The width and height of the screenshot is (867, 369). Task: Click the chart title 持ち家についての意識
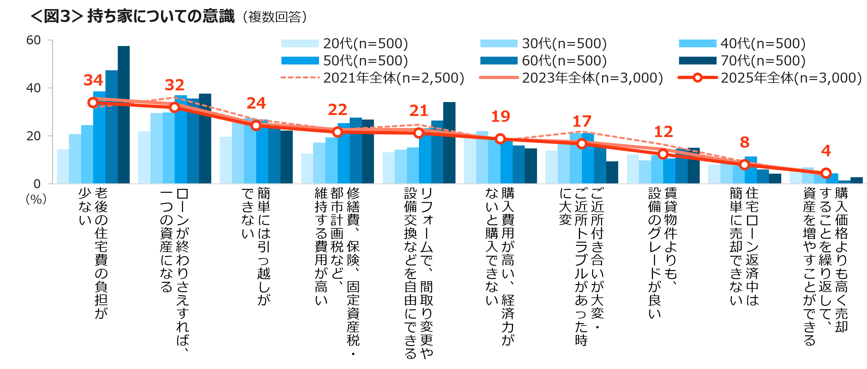[x=161, y=16]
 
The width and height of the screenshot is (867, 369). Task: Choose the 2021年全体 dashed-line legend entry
[x=372, y=78]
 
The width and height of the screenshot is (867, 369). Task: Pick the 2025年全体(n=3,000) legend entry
[x=769, y=78]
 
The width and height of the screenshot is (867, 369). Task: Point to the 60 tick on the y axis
[x=33, y=40]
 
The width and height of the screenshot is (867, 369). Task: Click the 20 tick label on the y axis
[x=33, y=136]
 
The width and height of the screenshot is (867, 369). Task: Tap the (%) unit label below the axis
[x=36, y=199]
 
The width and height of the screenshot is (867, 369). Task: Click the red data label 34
[x=93, y=80]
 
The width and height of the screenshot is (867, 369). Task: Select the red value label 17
[x=582, y=121]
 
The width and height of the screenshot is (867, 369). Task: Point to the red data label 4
[x=826, y=151]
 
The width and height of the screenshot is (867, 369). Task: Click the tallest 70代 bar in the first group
[x=124, y=115]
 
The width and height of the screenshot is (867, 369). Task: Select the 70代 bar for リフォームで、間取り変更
[x=449, y=143]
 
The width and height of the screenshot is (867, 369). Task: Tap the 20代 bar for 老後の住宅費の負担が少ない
[x=63, y=167]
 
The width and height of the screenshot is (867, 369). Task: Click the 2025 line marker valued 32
[x=174, y=108]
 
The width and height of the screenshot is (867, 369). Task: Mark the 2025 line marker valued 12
[x=663, y=154]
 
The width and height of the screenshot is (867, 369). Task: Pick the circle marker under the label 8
[x=744, y=165]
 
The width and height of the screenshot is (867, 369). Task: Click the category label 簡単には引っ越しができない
[x=256, y=246]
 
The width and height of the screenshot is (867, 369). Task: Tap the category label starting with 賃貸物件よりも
[x=663, y=253]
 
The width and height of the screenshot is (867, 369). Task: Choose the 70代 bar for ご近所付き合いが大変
[x=612, y=173]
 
